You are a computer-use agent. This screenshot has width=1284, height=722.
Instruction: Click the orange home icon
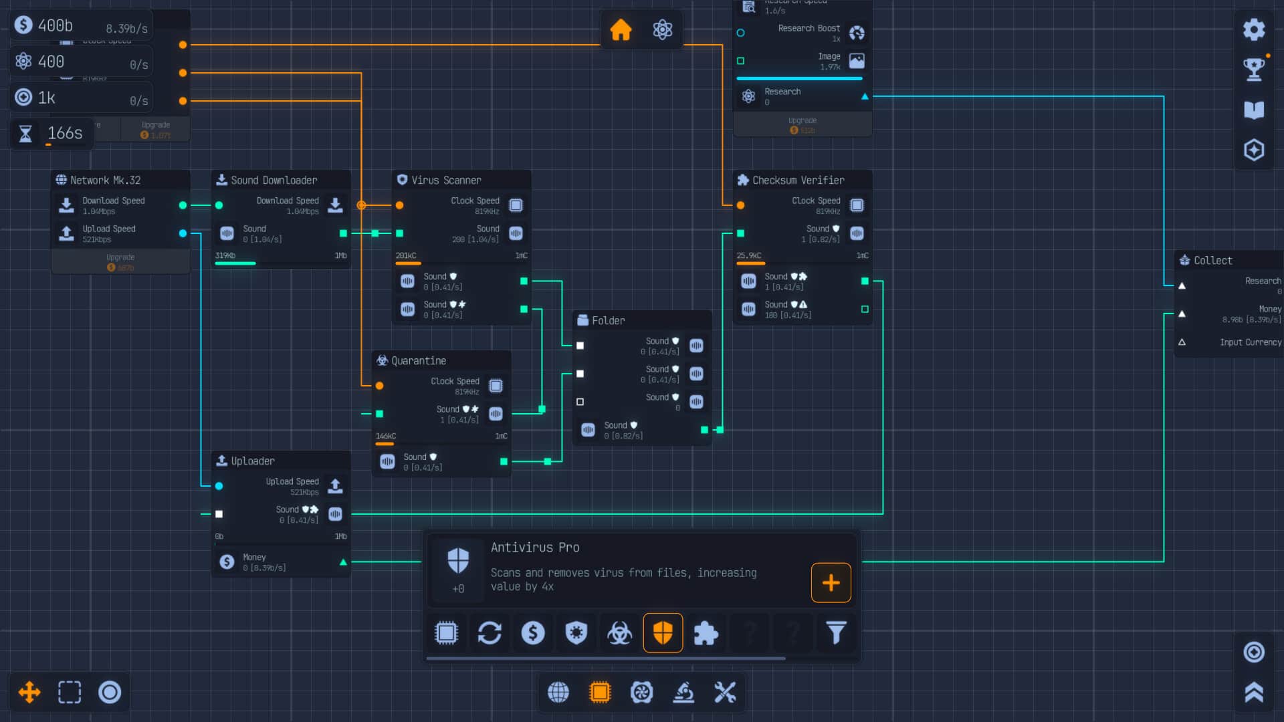click(621, 29)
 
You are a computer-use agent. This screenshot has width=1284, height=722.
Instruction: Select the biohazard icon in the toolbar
click(619, 632)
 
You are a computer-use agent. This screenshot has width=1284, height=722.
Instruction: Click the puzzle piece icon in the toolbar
click(706, 632)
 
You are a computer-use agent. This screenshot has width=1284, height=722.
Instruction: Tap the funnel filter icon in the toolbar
click(836, 632)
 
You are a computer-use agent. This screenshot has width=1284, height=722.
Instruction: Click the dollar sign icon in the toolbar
click(533, 632)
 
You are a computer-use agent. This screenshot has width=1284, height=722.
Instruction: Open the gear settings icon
click(1254, 29)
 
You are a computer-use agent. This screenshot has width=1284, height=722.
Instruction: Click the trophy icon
click(1254, 69)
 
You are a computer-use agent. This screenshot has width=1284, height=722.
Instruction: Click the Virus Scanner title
click(446, 180)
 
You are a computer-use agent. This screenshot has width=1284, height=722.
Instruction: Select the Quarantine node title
click(419, 361)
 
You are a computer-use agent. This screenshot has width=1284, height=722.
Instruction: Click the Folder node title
click(608, 321)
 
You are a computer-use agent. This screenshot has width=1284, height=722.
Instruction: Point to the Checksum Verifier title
click(798, 180)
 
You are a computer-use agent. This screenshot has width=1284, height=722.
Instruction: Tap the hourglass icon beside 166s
click(25, 134)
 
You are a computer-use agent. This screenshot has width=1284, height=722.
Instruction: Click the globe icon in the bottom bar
click(558, 693)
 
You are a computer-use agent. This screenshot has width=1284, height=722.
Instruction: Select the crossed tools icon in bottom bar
click(725, 693)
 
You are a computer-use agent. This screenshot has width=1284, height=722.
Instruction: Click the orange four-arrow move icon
click(29, 693)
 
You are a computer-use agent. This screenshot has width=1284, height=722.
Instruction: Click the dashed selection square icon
click(70, 693)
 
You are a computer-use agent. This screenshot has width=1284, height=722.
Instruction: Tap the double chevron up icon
click(1254, 693)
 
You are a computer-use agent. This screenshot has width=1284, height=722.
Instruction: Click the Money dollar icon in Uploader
click(227, 562)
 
